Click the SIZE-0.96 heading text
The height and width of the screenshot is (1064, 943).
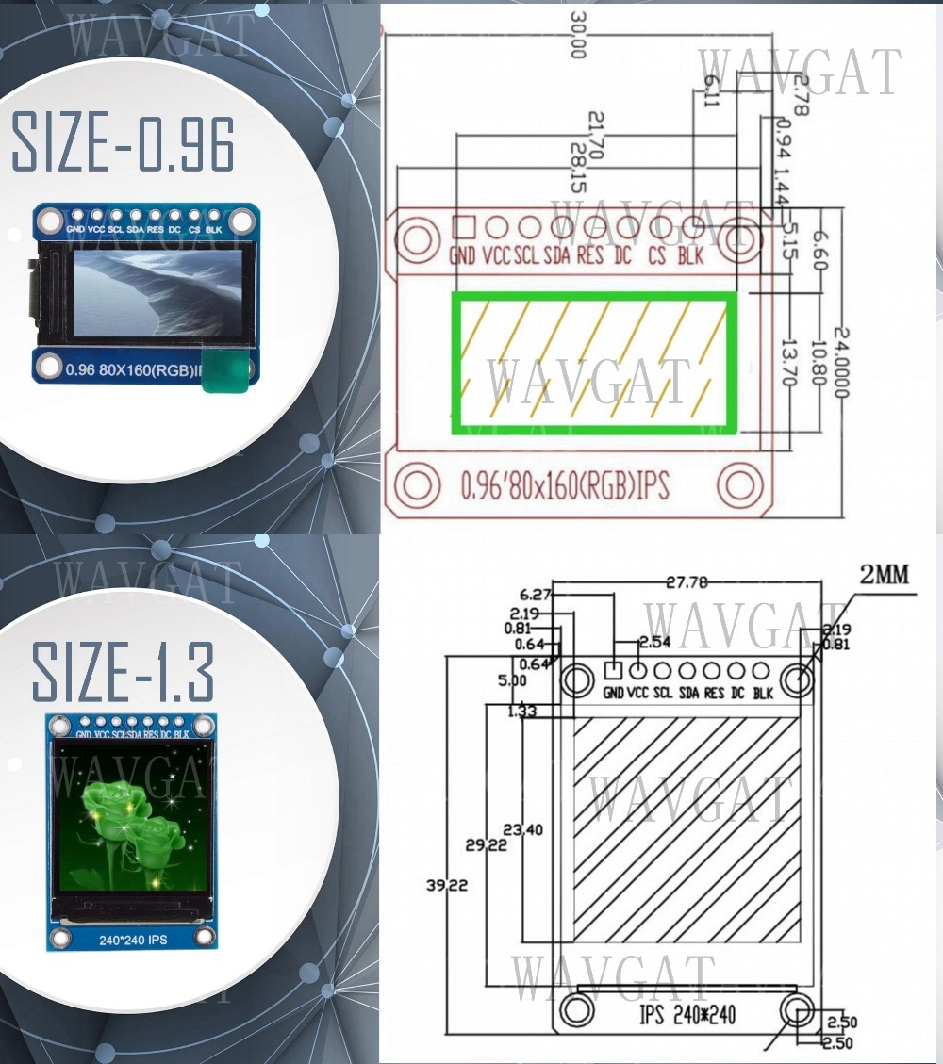coord(123,143)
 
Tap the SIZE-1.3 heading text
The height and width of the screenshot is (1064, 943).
coord(123,670)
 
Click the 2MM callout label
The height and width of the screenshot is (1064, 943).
coord(885,575)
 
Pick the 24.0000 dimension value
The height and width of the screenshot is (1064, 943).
coord(842,363)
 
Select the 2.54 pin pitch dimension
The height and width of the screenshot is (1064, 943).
coord(654,642)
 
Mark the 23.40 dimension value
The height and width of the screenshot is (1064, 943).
coord(523,829)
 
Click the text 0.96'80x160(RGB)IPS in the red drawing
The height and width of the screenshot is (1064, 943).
coord(564,486)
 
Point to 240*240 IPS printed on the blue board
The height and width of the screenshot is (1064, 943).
coord(133,940)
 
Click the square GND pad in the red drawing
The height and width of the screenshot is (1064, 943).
coord(463,226)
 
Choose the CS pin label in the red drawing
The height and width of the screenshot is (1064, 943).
coord(659,255)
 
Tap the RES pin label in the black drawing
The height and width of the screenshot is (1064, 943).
coord(714,694)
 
